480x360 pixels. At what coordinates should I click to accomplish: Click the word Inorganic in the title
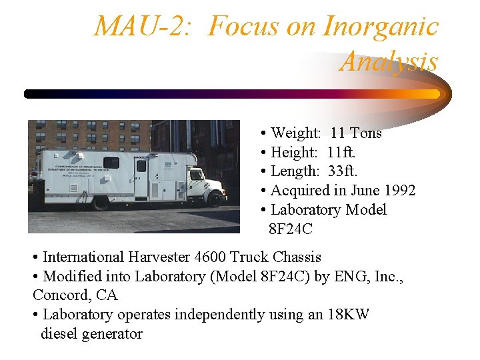(x=380, y=27)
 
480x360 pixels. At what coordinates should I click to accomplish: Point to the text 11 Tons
(x=356, y=133)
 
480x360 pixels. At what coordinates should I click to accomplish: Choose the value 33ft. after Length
(x=343, y=171)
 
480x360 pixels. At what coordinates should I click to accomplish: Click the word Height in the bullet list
(x=291, y=153)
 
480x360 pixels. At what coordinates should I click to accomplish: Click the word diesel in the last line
(x=63, y=334)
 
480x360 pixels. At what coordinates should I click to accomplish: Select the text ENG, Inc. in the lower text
(x=367, y=276)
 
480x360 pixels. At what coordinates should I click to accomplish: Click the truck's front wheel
(x=216, y=198)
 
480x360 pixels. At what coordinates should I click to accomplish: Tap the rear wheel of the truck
(x=101, y=203)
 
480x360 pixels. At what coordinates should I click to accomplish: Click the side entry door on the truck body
(x=141, y=177)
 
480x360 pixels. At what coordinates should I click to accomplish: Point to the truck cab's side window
(x=196, y=175)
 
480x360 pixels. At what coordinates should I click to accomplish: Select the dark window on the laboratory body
(x=111, y=163)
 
